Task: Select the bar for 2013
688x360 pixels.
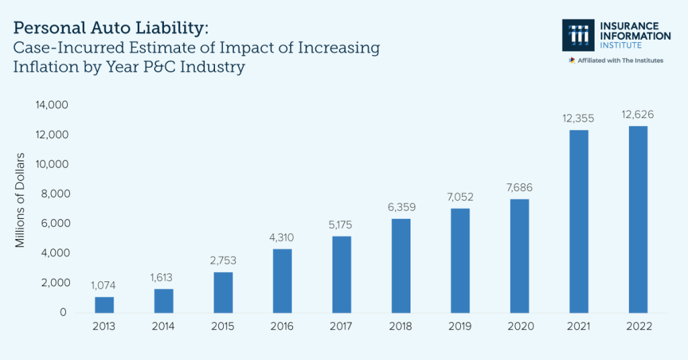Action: (x=104, y=305)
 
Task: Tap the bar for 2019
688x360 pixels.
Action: (x=460, y=261)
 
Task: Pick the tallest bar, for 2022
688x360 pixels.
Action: (x=638, y=220)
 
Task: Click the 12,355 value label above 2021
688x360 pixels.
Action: (x=578, y=119)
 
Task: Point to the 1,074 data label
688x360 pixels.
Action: (x=104, y=285)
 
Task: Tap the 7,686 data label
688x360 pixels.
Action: (x=519, y=188)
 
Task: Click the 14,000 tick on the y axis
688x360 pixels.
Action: (x=52, y=105)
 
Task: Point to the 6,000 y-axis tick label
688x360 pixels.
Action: (x=54, y=224)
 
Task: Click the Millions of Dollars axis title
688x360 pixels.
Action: (x=20, y=200)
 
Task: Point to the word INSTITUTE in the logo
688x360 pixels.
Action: (x=621, y=46)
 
